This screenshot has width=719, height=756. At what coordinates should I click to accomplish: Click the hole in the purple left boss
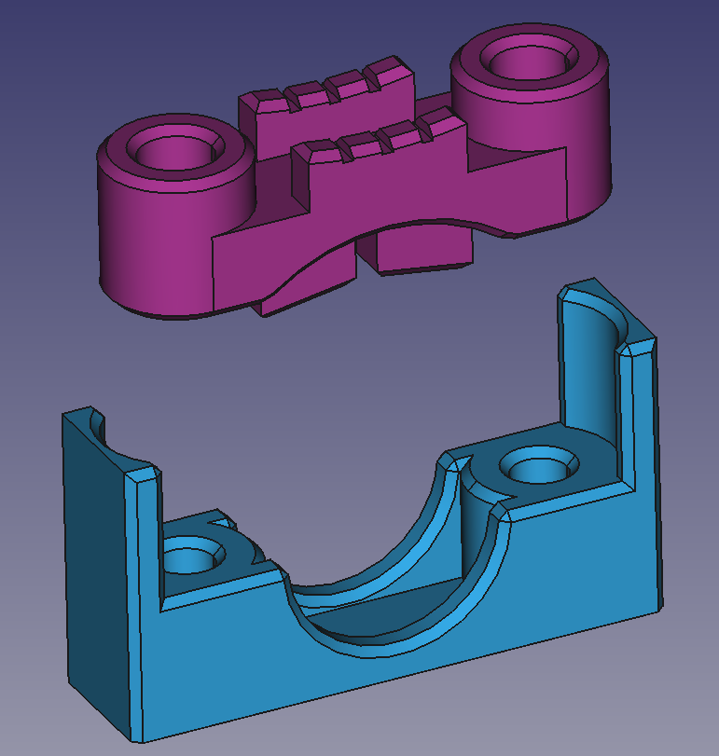coord(173,150)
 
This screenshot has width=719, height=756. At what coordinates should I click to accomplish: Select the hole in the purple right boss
coord(528,65)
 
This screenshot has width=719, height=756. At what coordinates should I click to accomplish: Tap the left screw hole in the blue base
coord(194,560)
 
